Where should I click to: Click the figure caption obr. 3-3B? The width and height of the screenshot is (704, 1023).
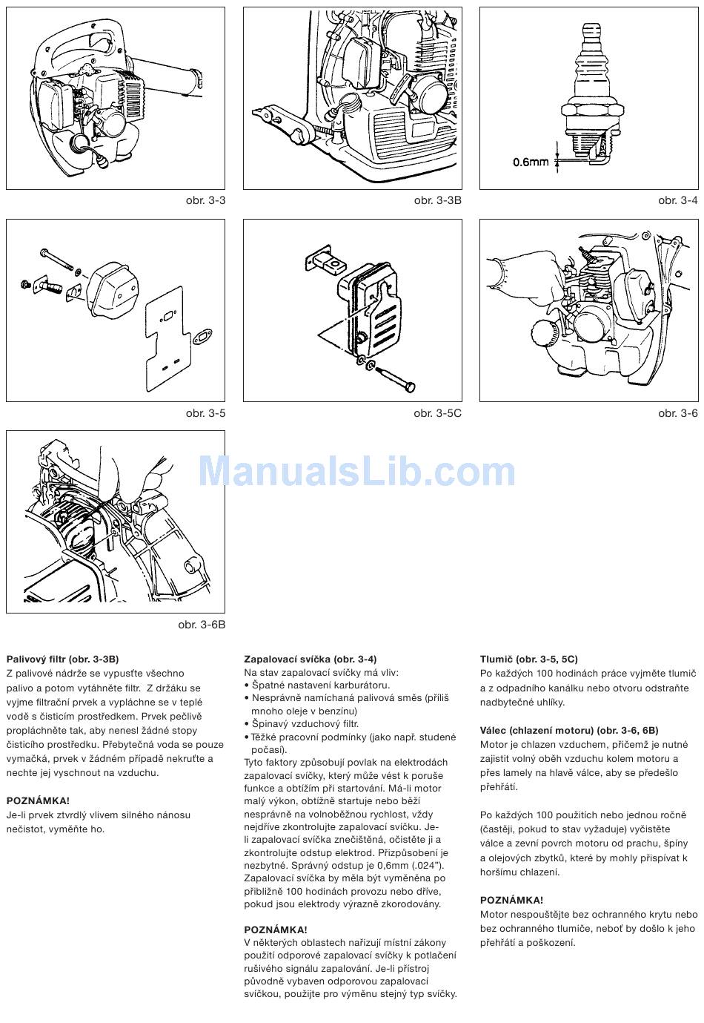[437, 200]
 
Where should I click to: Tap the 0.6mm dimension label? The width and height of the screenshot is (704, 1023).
[531, 162]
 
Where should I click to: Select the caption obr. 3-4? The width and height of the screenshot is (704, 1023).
[677, 200]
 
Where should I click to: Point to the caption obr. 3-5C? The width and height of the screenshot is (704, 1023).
[437, 413]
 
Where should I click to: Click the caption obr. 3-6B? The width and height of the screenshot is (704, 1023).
[202, 625]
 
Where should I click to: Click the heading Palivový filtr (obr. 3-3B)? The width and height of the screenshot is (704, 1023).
[62, 659]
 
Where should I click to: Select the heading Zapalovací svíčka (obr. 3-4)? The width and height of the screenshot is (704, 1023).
[311, 659]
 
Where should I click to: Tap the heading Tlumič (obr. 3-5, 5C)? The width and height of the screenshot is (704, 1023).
[529, 659]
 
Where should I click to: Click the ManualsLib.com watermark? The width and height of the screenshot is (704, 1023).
[357, 471]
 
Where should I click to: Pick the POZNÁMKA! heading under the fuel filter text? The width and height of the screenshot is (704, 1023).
[38, 800]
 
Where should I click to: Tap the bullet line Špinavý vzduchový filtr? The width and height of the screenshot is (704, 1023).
[301, 724]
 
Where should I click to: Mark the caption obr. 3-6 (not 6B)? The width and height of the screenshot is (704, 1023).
[677, 413]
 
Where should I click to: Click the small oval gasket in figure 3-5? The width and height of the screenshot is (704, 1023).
[202, 337]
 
